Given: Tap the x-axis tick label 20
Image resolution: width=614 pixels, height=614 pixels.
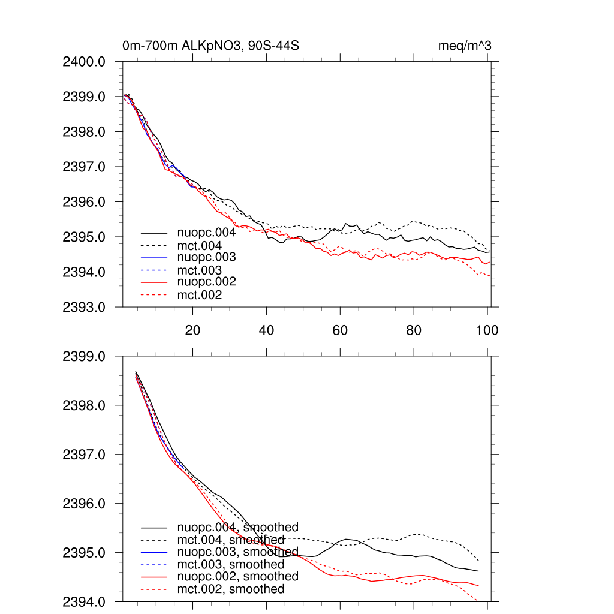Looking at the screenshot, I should [x=192, y=330].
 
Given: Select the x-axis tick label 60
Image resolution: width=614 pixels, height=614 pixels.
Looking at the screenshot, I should [x=340, y=330].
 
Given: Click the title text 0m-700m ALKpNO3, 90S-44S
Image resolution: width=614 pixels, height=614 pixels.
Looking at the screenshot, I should [x=210, y=46].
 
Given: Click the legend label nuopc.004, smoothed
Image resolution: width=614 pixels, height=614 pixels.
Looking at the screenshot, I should [x=237, y=528].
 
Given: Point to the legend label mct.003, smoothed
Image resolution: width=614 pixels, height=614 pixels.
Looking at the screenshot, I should [x=231, y=565].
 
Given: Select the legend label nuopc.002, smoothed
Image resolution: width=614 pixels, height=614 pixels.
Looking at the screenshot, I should [x=237, y=576].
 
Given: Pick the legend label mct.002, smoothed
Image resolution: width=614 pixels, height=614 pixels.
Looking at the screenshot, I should [x=231, y=589].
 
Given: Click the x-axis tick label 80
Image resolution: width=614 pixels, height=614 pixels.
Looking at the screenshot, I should [x=414, y=330].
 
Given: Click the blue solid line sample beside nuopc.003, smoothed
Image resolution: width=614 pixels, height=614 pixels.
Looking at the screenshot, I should [x=154, y=552].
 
